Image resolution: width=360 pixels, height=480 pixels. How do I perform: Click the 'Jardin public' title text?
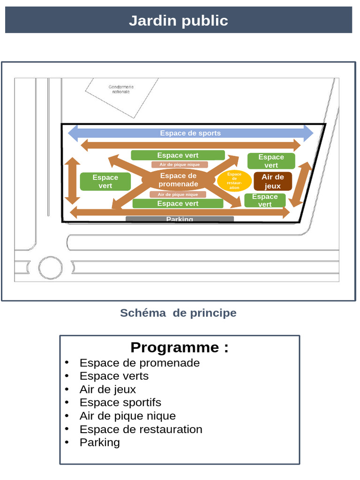pyautogui.click(x=178, y=21)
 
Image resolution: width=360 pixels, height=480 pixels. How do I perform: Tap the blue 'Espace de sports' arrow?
pyautogui.click(x=190, y=133)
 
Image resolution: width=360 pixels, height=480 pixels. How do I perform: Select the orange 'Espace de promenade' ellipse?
pyautogui.click(x=178, y=180)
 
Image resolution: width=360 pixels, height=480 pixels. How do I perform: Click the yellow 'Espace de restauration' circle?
pyautogui.click(x=234, y=181)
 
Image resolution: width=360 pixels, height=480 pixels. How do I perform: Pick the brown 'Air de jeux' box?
pyautogui.click(x=273, y=181)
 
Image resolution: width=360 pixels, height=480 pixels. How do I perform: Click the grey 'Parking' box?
pyautogui.click(x=180, y=219)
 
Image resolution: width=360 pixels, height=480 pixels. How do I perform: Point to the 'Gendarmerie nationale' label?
pyautogui.click(x=121, y=89)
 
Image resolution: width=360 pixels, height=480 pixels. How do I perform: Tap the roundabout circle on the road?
pyautogui.click(x=50, y=268)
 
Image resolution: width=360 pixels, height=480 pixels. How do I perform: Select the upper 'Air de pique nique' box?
pyautogui.click(x=180, y=165)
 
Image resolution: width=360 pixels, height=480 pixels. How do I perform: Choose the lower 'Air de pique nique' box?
pyautogui.click(x=178, y=195)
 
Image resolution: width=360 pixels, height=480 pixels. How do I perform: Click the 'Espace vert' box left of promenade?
pyautogui.click(x=105, y=181)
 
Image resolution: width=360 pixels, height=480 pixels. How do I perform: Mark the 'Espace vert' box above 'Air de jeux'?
pyautogui.click(x=271, y=161)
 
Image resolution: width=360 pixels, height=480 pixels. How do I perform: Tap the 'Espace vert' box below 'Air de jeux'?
pyautogui.click(x=265, y=200)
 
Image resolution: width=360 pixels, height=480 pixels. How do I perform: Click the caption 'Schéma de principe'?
pyautogui.click(x=178, y=313)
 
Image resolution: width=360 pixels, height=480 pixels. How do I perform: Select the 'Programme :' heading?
pyautogui.click(x=180, y=347)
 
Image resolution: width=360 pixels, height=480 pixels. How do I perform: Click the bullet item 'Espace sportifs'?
pyautogui.click(x=120, y=402)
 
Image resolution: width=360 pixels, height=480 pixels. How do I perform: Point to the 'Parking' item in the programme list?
pyautogui.click(x=100, y=442)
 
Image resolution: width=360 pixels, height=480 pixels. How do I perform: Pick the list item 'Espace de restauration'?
pyautogui.click(x=141, y=429)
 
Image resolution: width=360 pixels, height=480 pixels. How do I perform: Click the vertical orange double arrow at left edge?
pyautogui.click(x=72, y=180)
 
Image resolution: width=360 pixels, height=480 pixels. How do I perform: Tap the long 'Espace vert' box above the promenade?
pyautogui.click(x=178, y=155)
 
